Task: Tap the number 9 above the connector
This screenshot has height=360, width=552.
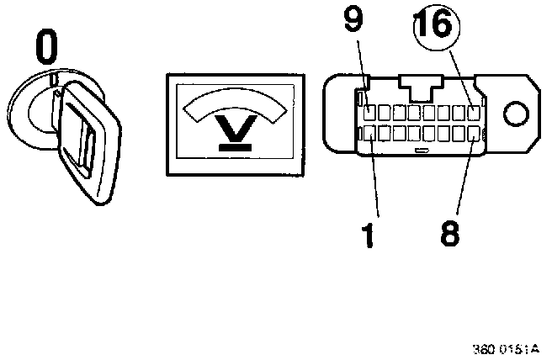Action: [x=353, y=22]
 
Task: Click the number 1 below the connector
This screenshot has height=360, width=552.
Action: [x=368, y=234]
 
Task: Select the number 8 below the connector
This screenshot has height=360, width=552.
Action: [x=449, y=233]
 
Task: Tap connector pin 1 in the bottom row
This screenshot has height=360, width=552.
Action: [x=369, y=133]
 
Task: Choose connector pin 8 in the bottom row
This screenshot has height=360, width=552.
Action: [x=475, y=133]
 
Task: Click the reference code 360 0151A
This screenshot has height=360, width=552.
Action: [x=511, y=349]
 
